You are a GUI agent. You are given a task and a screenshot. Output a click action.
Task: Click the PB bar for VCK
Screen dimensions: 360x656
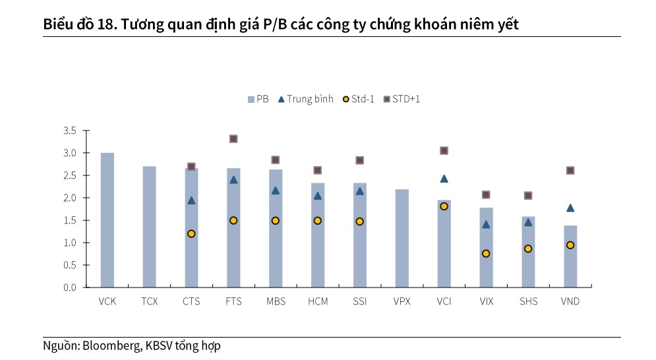coord(107,220)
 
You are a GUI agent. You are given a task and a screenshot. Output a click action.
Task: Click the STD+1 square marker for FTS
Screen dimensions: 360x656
coord(233,138)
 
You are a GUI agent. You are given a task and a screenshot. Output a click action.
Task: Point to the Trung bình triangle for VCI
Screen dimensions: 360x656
coord(444,179)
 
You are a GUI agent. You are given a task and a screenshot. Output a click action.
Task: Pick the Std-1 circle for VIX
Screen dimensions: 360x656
coord(486,253)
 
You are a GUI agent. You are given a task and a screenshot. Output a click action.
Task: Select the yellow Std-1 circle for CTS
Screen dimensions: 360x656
coord(191,233)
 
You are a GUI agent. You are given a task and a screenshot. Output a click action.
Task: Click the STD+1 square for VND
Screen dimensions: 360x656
coord(570,170)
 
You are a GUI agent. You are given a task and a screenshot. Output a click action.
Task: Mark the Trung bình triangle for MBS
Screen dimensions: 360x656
coord(276,191)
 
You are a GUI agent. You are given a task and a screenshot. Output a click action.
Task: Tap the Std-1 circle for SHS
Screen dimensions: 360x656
coord(528,249)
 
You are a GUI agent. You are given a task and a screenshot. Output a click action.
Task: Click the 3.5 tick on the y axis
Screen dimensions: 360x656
coord(70,131)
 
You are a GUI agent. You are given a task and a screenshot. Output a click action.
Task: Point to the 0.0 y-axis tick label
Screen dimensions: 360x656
coord(70,287)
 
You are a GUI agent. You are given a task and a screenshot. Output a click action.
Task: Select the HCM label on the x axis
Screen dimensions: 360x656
coord(318,302)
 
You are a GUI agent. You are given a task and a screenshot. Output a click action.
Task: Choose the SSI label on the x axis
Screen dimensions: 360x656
coord(360,302)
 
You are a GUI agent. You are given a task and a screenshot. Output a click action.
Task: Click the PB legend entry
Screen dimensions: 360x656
coord(258,100)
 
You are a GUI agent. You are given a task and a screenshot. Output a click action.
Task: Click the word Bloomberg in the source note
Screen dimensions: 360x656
coord(111,345)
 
